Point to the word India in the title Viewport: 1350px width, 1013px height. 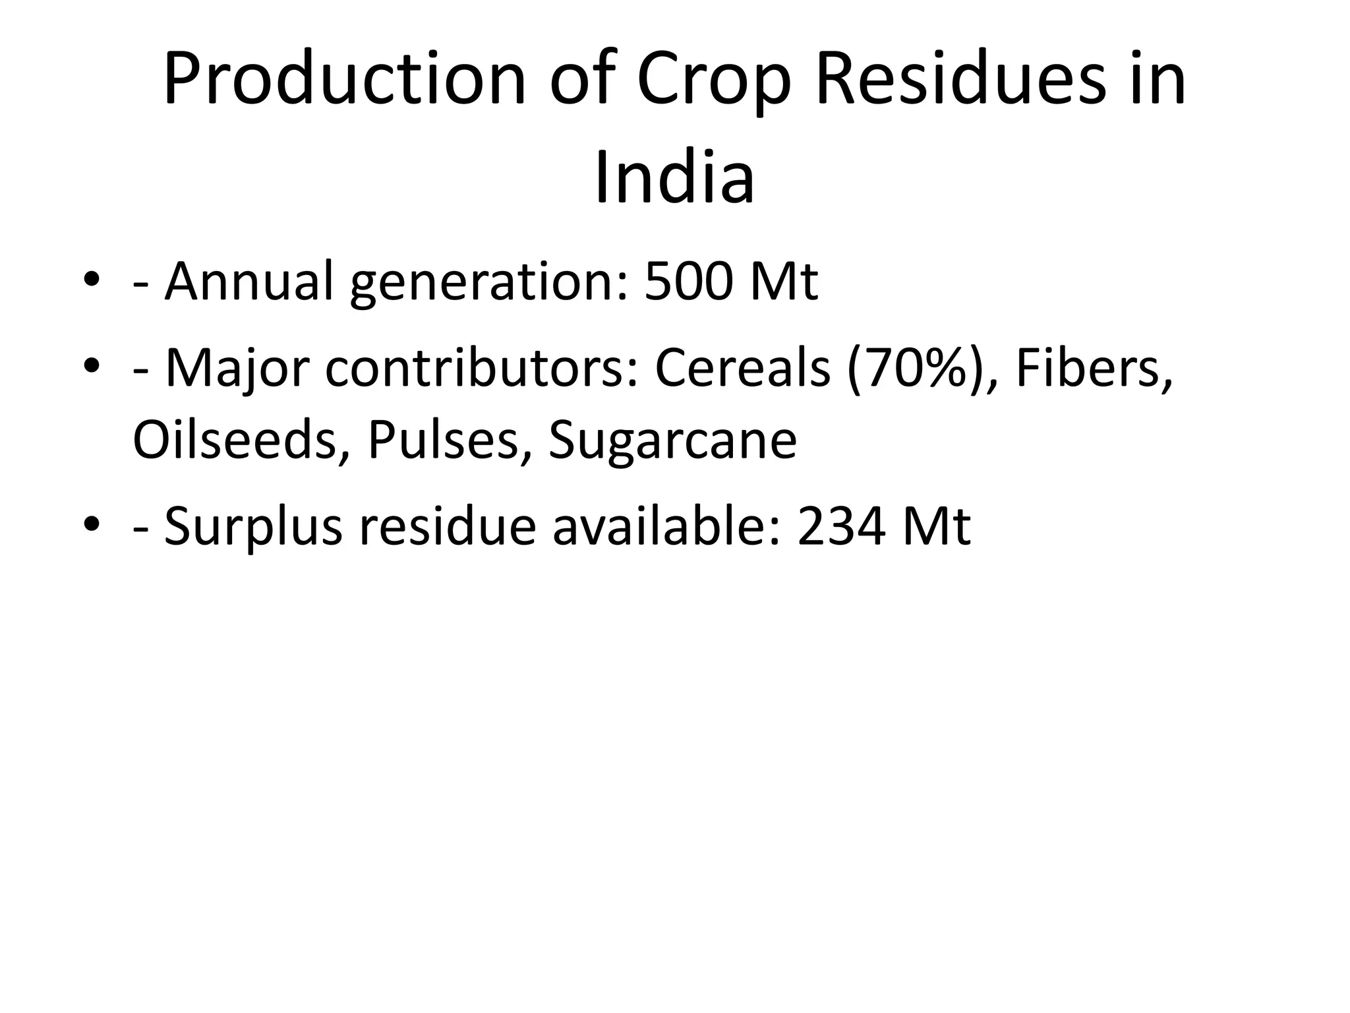[x=674, y=179]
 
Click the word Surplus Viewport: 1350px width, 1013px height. [x=253, y=528]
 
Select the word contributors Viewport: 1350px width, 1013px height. [x=482, y=368]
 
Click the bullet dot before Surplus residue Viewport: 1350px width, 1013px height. [x=92, y=525]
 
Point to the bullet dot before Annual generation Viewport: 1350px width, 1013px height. [x=92, y=280]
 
